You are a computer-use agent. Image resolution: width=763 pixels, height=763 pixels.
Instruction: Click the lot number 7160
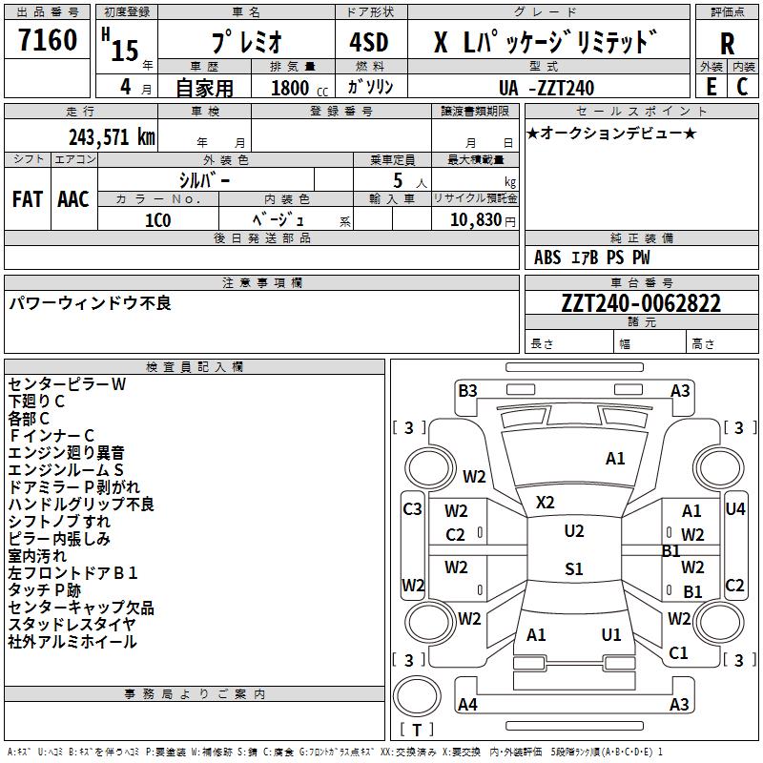tap(48, 39)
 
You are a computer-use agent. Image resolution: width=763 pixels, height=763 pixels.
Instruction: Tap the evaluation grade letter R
tap(727, 44)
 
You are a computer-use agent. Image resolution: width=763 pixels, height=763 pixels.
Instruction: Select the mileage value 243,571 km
tap(112, 137)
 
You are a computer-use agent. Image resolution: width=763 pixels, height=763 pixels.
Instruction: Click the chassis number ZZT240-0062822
tap(641, 303)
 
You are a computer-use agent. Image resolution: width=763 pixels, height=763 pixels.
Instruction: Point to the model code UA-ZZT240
tap(546, 88)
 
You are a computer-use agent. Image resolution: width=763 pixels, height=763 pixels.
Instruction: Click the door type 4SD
tap(369, 42)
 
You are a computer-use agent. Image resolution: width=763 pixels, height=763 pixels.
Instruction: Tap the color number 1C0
tap(158, 220)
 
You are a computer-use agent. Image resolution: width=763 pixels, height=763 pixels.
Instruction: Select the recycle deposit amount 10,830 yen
tap(483, 220)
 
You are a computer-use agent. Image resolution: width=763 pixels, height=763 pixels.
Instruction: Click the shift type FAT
tap(28, 199)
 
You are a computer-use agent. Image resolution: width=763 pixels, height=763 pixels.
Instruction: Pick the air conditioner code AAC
tap(73, 199)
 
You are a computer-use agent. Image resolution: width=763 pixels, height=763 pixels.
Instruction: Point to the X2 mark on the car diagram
tap(545, 503)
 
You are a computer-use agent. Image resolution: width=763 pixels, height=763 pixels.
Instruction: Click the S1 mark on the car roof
tap(574, 568)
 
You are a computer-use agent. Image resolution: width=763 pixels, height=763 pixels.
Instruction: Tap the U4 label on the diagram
tap(734, 509)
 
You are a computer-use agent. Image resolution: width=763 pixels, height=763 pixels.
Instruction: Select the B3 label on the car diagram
tap(467, 391)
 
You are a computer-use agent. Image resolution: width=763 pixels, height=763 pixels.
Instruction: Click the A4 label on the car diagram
tap(467, 704)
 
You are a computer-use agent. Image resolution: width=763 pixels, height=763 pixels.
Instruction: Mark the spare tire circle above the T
tap(417, 696)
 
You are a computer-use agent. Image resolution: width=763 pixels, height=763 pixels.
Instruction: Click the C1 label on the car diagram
tap(678, 653)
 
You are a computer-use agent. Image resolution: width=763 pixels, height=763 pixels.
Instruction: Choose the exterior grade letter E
tap(711, 87)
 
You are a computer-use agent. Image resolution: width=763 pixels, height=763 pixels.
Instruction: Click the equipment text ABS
tap(546, 258)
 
